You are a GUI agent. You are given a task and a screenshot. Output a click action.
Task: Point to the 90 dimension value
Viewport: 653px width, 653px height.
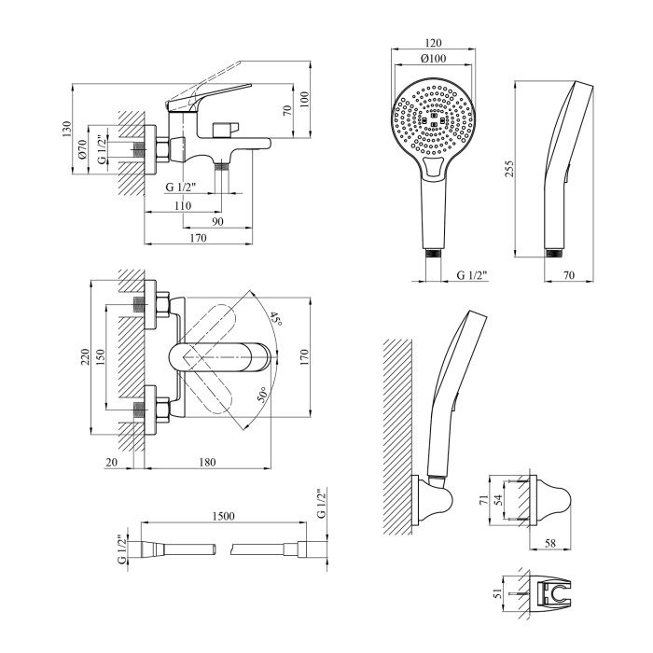217,221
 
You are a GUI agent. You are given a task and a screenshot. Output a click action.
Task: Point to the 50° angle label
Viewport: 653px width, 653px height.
264,396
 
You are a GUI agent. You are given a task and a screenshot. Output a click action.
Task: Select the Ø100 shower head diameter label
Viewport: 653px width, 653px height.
431,60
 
